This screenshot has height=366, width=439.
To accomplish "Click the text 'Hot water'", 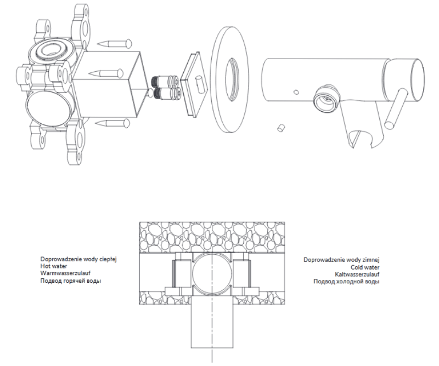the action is pos(54,266).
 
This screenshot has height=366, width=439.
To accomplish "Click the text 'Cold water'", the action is pos(365,267).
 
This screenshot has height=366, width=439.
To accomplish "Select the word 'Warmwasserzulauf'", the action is pos(65,273).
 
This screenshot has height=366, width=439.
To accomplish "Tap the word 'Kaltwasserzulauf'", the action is pos(357,274).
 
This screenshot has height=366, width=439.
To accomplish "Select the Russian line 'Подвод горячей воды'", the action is pos(71,281).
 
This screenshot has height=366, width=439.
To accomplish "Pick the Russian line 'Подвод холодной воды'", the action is pos(347,281).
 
